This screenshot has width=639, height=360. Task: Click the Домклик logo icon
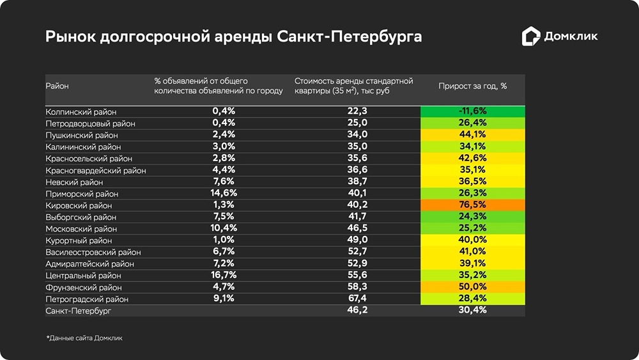[530, 36]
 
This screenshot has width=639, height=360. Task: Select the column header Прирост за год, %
[473, 86]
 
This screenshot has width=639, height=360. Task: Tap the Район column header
[57, 86]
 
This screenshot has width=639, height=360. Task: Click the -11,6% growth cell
[473, 111]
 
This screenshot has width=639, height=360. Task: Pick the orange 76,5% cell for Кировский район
[473, 205]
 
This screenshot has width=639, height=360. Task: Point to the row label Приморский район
[82, 194]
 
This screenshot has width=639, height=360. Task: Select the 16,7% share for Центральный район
[224, 276]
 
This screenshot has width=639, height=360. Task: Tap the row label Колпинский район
[81, 112]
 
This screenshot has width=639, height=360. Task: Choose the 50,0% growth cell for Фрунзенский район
[473, 287]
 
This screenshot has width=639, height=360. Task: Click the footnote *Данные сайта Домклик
[84, 338]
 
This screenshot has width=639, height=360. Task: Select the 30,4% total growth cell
[473, 310]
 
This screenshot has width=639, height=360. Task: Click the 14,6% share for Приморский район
[224, 193]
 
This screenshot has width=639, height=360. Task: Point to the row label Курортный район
[79, 240]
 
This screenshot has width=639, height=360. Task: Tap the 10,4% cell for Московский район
[224, 228]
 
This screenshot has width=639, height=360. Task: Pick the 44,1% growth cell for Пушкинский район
[473, 135]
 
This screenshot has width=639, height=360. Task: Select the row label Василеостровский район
[93, 252]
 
